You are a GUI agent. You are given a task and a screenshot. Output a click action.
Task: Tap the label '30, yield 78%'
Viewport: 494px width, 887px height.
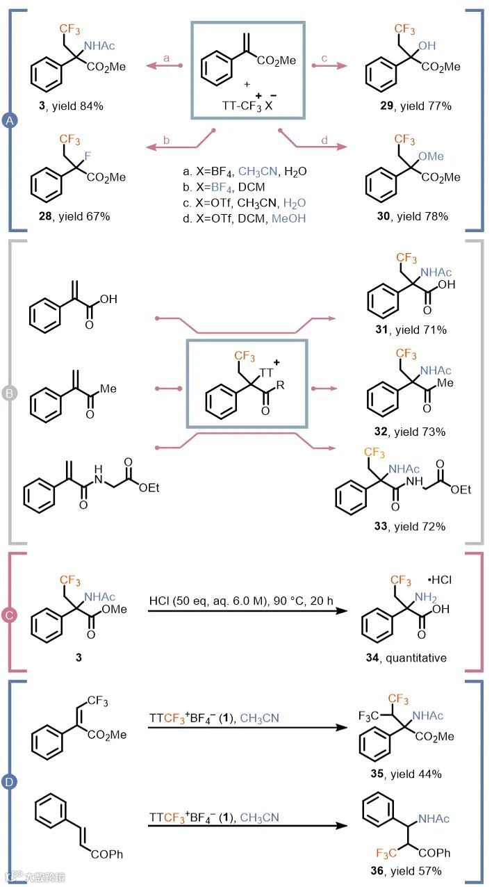tap(410, 216)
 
